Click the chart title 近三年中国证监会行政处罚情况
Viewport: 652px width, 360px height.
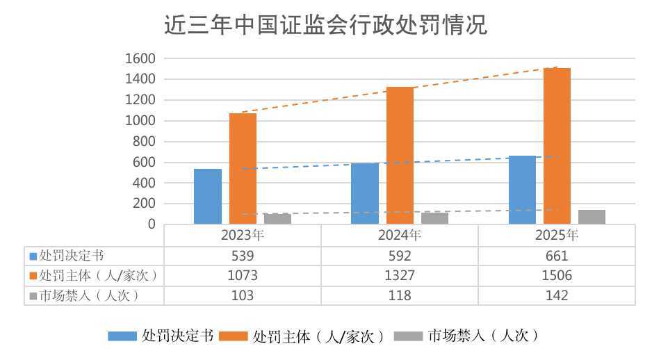click(325, 25)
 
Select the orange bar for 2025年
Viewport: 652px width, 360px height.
click(557, 146)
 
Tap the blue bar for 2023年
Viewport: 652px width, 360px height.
click(207, 196)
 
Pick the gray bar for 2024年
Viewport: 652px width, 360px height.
click(434, 218)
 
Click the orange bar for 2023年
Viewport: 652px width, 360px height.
click(243, 168)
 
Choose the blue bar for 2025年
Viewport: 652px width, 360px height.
click(522, 190)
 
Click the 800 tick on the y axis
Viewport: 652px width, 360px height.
click(143, 142)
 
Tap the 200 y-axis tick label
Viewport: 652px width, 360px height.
click(143, 204)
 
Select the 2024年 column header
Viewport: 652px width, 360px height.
click(400, 235)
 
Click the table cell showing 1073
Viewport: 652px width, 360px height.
click(243, 275)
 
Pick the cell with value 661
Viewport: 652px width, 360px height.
click(557, 255)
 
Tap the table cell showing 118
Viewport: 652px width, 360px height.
click(400, 295)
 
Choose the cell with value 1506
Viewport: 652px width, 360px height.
click(557, 275)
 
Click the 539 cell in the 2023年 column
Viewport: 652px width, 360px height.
click(243, 255)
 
